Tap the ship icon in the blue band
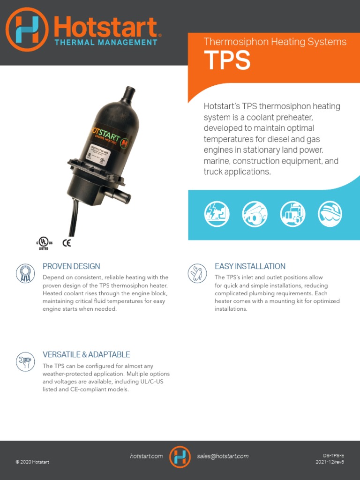click(330, 214)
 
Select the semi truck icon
click(292, 214)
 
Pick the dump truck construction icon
click(255, 214)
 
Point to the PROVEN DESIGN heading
click(71, 266)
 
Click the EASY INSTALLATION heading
click(250, 266)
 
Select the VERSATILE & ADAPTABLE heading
click(86, 354)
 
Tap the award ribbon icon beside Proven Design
click(25, 273)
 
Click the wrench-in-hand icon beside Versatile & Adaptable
click(25, 361)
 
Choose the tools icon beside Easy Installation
click(197, 273)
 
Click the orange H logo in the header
click(27, 29)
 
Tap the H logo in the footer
click(180, 457)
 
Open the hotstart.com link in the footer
click(146, 456)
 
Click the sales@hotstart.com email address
click(223, 456)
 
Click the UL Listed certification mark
click(44, 243)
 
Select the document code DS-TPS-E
click(333, 455)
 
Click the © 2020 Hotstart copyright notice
click(32, 462)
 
